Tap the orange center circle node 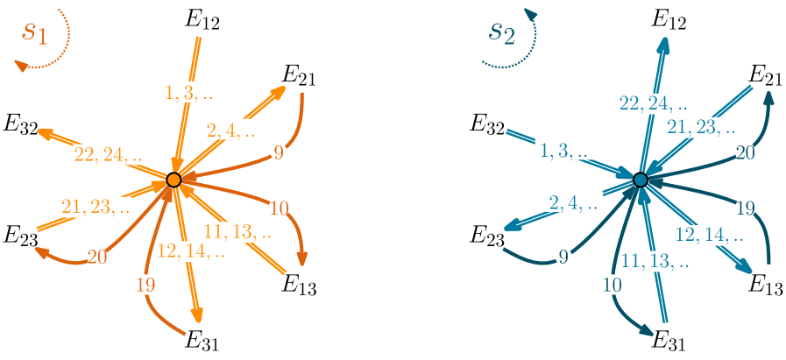pyautogui.click(x=173, y=180)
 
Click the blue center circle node pyautogui.click(x=641, y=180)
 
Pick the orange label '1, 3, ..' pyautogui.click(x=189, y=92)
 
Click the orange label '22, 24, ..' pyautogui.click(x=108, y=156)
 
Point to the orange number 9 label pyautogui.click(x=279, y=152)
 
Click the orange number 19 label pyautogui.click(x=145, y=284)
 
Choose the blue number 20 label pyautogui.click(x=746, y=152)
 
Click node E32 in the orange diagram pyautogui.click(x=19, y=124)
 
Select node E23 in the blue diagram pyautogui.click(x=487, y=235)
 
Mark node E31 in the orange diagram pyautogui.click(x=202, y=340)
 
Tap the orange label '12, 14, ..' pyautogui.click(x=192, y=251)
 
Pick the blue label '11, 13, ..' pyautogui.click(x=655, y=260)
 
